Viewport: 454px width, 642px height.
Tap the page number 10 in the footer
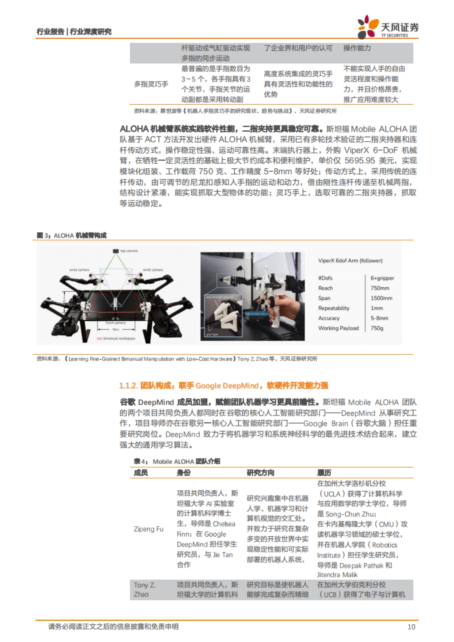pyautogui.click(x=411, y=626)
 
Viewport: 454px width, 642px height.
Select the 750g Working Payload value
pyautogui.click(x=377, y=328)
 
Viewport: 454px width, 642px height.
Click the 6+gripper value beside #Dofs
pyautogui.click(x=382, y=278)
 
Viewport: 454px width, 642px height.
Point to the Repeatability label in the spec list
pyautogui.click(x=334, y=308)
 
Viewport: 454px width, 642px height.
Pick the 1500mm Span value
pyautogui.click(x=381, y=298)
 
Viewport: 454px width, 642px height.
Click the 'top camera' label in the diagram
pyautogui.click(x=129, y=251)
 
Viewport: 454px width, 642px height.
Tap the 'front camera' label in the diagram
pyautogui.click(x=115, y=323)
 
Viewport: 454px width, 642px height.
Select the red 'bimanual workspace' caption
pyautogui.click(x=116, y=338)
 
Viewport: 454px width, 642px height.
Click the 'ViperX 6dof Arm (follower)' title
pyautogui.click(x=350, y=261)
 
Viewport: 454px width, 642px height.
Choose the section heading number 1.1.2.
pyautogui.click(x=128, y=386)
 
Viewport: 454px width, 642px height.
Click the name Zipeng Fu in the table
pyautogui.click(x=149, y=529)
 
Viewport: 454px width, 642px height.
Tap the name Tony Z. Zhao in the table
pyautogui.click(x=145, y=589)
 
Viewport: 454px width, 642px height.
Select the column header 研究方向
pyautogui.click(x=260, y=473)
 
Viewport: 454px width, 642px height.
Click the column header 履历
pyautogui.click(x=324, y=473)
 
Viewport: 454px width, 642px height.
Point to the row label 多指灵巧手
pyautogui.click(x=151, y=84)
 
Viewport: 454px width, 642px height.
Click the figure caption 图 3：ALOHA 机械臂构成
pyautogui.click(x=72, y=236)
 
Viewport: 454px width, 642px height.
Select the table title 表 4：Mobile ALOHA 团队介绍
pyautogui.click(x=177, y=461)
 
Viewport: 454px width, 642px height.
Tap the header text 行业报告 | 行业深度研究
pyautogui.click(x=74, y=32)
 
